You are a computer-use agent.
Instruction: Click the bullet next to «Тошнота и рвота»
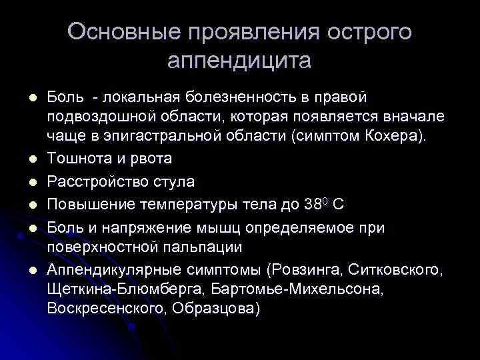pyautogui.click(x=31, y=159)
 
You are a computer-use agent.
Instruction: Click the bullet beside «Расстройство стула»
pyautogui.click(x=31, y=181)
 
